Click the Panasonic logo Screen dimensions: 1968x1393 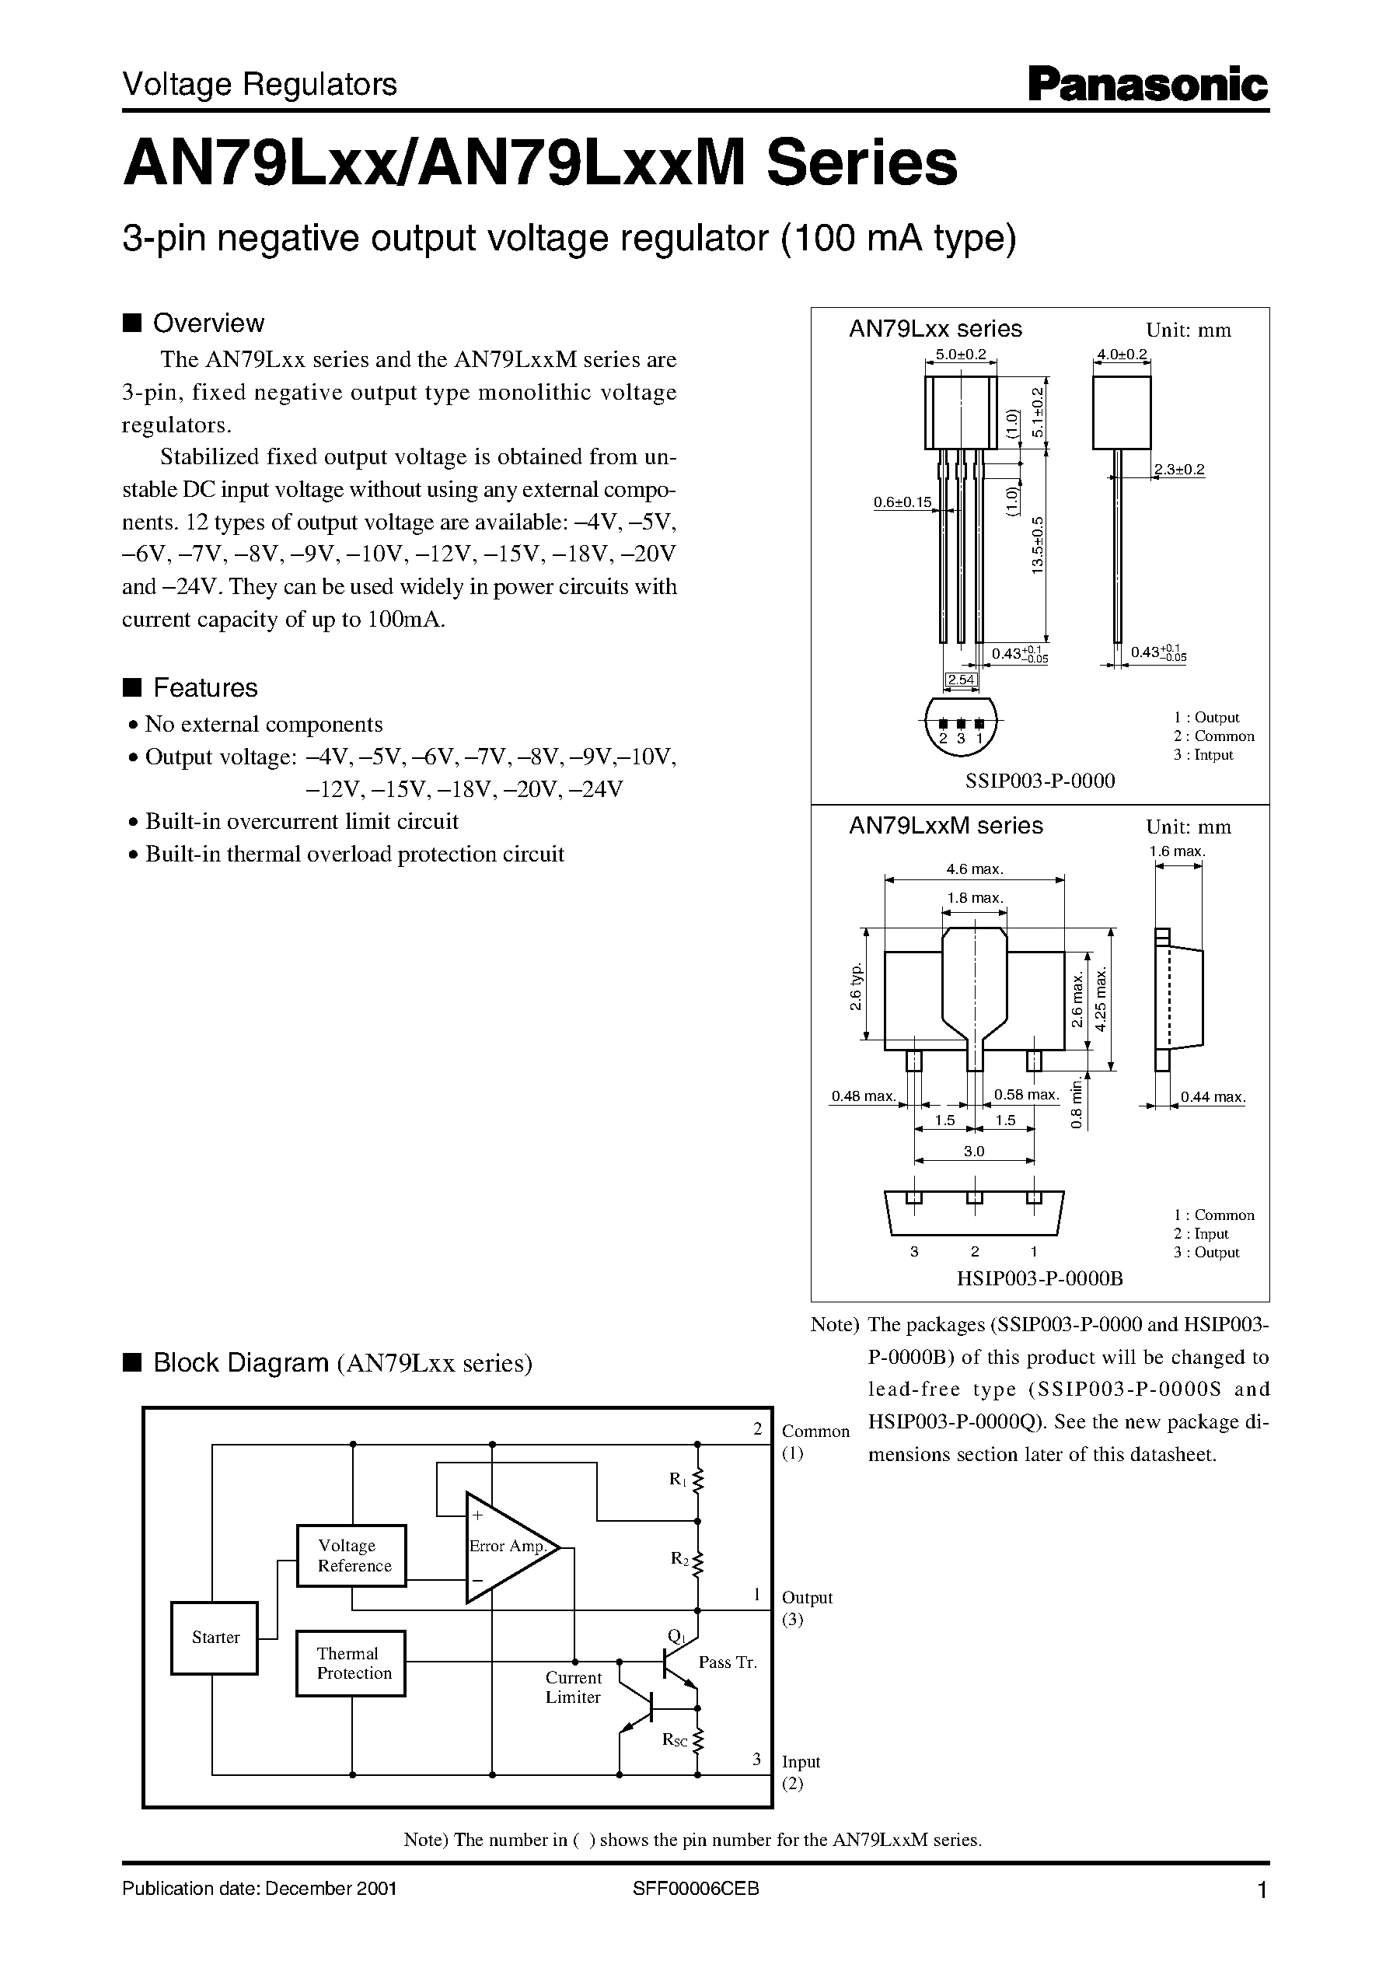(x=1147, y=86)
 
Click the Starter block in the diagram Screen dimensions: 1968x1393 (x=215, y=1637)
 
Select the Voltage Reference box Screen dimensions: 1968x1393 (x=351, y=1555)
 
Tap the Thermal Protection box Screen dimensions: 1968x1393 (x=351, y=1662)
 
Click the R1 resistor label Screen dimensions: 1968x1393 (x=678, y=1479)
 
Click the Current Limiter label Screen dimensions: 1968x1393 (x=573, y=1687)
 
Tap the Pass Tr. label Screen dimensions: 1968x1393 (x=728, y=1662)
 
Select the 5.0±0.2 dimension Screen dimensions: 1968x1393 (x=961, y=354)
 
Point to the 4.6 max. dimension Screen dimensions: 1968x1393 (x=975, y=869)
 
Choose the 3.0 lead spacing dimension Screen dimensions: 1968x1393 (x=975, y=1152)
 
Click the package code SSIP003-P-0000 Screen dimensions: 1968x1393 (x=1039, y=780)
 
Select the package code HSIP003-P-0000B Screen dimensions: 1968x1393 (x=1039, y=1278)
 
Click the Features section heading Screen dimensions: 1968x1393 (x=204, y=687)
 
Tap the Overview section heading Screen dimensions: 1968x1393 (x=208, y=323)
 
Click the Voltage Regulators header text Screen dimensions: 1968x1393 (x=260, y=84)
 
